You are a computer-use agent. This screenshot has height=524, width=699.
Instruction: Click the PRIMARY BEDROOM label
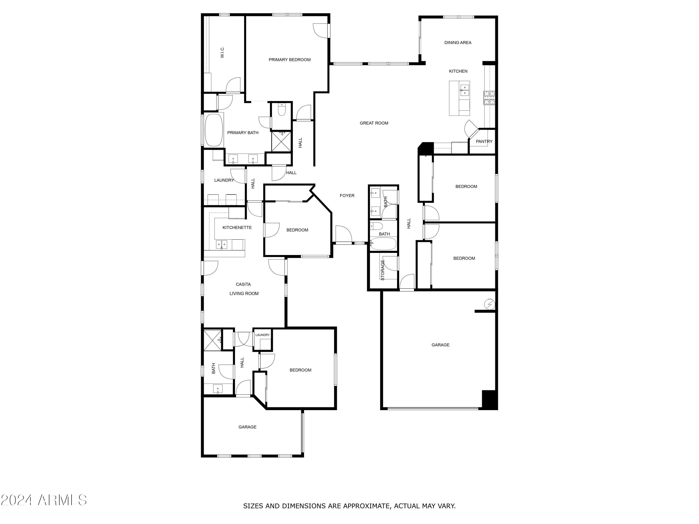point(289,60)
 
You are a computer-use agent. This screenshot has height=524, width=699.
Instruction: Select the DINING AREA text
point(458,43)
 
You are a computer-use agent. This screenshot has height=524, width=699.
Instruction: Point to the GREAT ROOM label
point(374,123)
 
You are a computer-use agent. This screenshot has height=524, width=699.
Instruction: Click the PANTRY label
point(484,142)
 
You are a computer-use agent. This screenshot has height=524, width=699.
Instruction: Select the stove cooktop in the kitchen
point(489,98)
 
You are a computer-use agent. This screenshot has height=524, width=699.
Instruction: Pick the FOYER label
point(347,196)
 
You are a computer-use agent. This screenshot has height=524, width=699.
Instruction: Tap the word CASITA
point(243,284)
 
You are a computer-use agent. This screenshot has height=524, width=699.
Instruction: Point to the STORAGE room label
point(383,270)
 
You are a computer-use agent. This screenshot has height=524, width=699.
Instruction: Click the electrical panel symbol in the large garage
point(490,304)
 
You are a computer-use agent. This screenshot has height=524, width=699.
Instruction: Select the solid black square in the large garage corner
point(489,400)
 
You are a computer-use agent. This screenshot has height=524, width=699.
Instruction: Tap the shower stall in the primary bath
point(281,142)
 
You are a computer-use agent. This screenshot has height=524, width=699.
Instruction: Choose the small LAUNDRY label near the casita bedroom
point(263,335)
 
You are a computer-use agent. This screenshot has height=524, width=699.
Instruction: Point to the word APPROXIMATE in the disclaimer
point(366,506)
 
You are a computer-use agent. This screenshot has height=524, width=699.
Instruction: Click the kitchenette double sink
point(221,244)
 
